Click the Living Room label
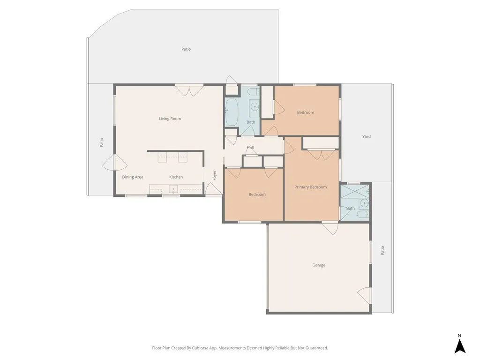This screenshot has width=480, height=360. point(170,119)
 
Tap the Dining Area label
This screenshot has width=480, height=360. point(133,177)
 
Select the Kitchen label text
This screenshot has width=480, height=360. point(176,177)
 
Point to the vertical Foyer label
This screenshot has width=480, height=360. point(215,175)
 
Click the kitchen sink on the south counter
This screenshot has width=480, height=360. point(172,189)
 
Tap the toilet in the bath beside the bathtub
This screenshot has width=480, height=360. point(252,92)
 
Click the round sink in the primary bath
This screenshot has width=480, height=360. point(364,203)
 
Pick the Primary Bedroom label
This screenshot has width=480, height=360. point(310,187)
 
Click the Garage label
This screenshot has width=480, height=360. point(319,265)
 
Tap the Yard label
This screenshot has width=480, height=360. point(367,136)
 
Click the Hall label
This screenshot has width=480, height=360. point(250,148)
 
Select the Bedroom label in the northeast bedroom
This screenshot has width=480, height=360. point(306,112)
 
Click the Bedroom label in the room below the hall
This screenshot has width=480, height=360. point(257,194)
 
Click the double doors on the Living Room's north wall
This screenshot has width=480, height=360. point(189,90)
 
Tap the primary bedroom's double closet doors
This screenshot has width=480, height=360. point(321,154)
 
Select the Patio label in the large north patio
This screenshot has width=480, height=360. point(186,49)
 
